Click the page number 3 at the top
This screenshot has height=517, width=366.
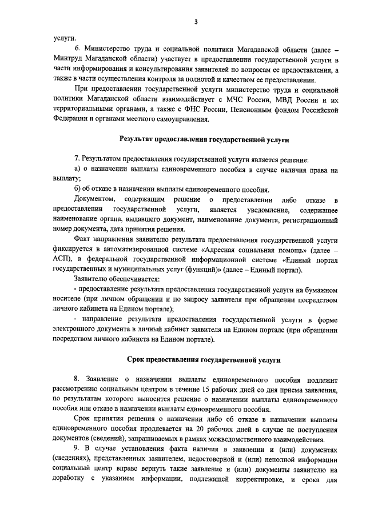tap(196, 22)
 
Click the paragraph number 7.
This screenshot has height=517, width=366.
tap(77, 159)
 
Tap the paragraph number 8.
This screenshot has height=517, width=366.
tap(77, 379)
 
